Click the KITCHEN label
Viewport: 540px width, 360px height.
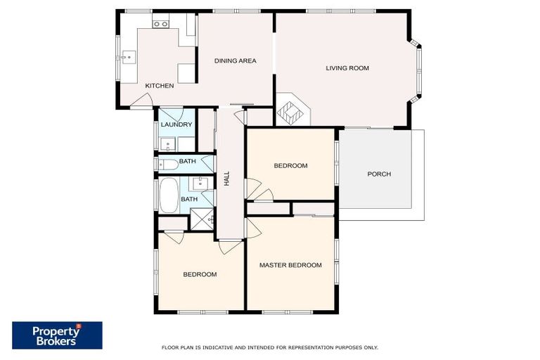159,86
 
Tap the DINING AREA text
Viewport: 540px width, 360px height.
235,61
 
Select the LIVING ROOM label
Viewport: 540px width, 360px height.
347,68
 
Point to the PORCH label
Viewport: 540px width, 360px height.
379,174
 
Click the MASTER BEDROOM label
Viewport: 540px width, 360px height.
290,265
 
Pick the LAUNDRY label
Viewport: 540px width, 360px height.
176,125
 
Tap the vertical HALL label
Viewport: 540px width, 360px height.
227,179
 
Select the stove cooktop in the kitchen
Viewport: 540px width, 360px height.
160,24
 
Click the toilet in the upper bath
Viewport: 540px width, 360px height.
167,164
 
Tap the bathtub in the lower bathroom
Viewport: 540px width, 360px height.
169,195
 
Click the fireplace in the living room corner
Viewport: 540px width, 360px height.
289,111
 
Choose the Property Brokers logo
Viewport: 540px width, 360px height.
57,335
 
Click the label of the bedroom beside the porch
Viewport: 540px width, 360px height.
290,166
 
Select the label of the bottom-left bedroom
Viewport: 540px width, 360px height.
200,274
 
